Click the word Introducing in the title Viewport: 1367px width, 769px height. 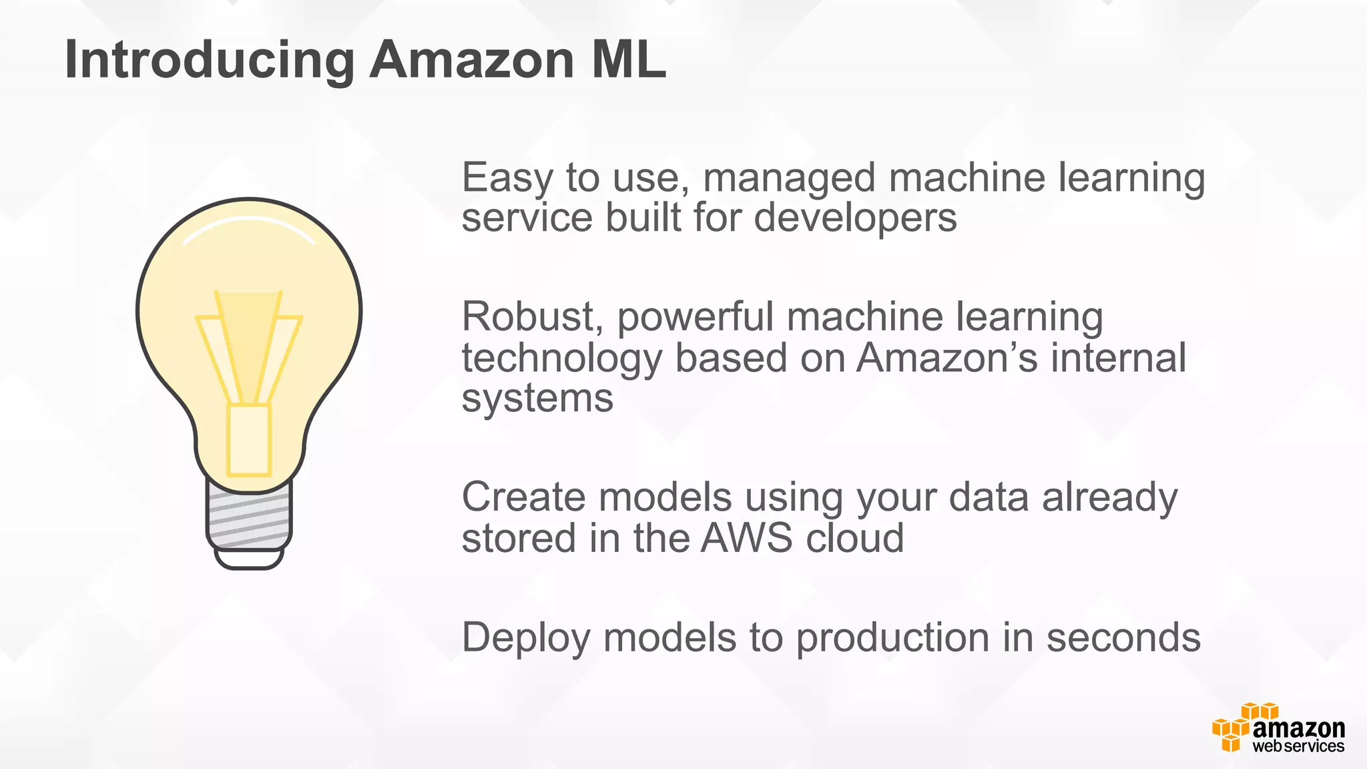209,60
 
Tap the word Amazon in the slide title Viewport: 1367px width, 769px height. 471,60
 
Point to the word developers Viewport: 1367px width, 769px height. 855,218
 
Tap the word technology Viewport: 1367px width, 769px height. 561,358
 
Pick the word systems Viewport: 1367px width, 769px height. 537,399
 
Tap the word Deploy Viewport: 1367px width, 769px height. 526,638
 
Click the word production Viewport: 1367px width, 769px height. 892,638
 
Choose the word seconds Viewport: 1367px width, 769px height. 1123,637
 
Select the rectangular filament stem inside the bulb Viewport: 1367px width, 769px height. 249,439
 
